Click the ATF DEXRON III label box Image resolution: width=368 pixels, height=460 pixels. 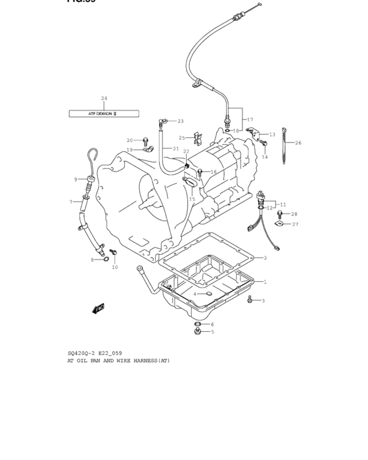tap(104, 114)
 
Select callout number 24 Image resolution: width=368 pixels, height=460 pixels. tap(104, 99)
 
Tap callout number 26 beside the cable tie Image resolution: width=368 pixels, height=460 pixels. tap(298, 143)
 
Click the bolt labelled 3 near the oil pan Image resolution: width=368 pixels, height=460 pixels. tap(250, 300)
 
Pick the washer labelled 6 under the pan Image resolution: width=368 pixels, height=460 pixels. tap(197, 325)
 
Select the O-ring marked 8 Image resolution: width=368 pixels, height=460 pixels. tap(105, 260)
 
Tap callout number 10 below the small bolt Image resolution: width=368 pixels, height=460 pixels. tap(114, 267)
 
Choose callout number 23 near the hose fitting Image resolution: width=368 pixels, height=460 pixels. tap(162, 121)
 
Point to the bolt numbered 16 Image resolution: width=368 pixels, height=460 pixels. tap(201, 172)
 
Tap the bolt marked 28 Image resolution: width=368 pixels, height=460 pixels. tap(281, 214)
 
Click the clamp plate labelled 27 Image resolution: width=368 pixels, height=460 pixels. tap(279, 225)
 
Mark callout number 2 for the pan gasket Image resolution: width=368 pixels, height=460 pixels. tap(265, 258)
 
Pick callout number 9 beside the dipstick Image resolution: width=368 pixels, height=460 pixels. tap(76, 179)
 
